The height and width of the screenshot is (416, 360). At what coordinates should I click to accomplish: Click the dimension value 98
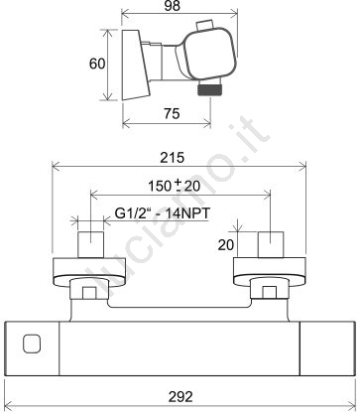pos(173,6)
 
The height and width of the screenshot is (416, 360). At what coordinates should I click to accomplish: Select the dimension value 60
pos(97,64)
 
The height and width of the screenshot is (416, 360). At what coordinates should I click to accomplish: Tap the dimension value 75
pos(172,113)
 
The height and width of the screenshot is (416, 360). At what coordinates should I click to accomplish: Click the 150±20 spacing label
pos(174,186)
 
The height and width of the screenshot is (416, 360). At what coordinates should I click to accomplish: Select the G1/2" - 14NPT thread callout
pos(163,213)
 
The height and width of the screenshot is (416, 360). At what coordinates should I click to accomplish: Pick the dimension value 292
pos(180,397)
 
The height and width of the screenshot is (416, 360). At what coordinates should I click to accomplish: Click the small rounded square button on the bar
pos(32,344)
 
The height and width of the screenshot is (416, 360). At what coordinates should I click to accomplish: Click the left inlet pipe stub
pos(91,244)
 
